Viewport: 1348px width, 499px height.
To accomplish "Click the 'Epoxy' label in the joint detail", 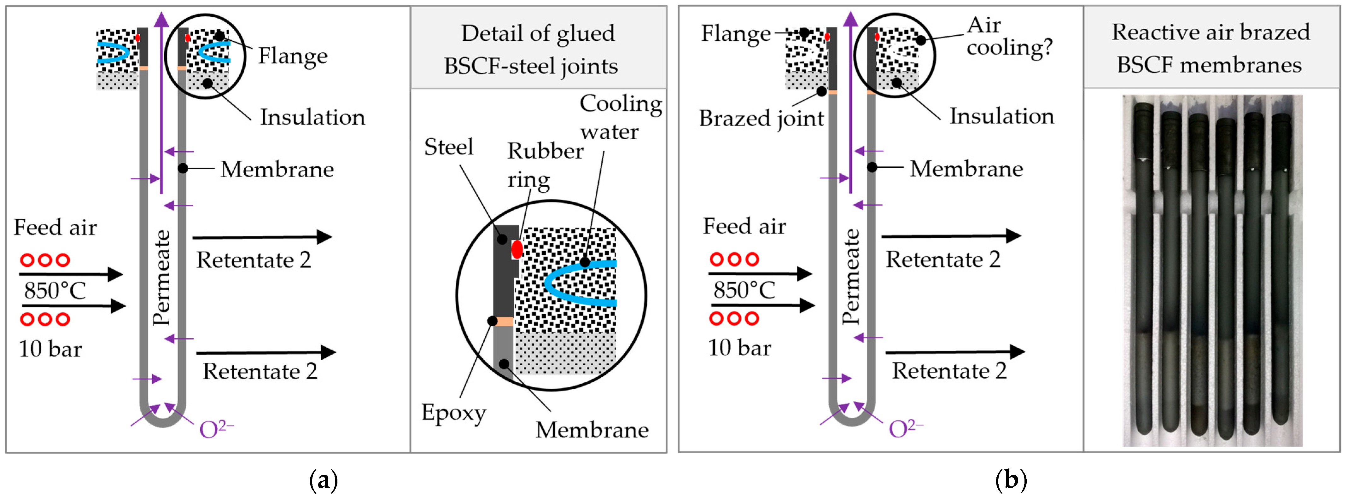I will pyautogui.click(x=453, y=412).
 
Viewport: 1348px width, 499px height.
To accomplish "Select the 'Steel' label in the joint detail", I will pyautogui.click(x=448, y=147).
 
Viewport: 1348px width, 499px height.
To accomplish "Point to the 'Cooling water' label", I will pyautogui.click(x=620, y=117).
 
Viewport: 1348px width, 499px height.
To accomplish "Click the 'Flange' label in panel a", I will pyautogui.click(x=293, y=55).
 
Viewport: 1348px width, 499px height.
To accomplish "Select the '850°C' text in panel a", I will pyautogui.click(x=55, y=290).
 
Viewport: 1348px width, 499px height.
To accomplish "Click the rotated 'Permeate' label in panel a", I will pyautogui.click(x=162, y=277).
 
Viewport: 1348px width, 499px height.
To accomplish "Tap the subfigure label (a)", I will pyautogui.click(x=324, y=479).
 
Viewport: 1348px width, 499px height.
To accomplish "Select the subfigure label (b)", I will pyautogui.click(x=1011, y=479).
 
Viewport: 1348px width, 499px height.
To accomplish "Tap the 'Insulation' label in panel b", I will pyautogui.click(x=1001, y=116).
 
